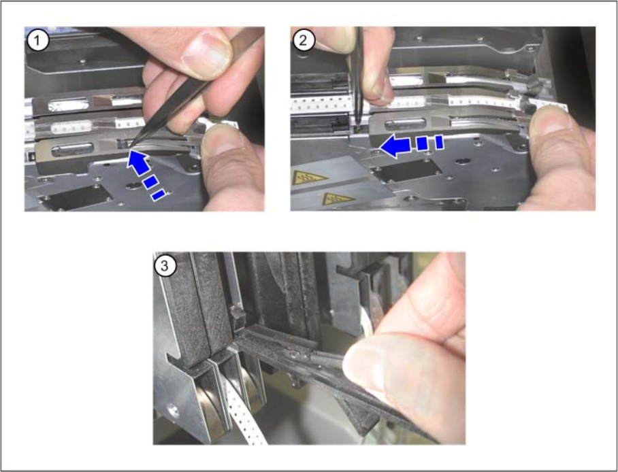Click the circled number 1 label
coord(38,41)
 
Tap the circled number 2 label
coord(304,40)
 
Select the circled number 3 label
coord(165,265)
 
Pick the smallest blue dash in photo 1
coord(159,195)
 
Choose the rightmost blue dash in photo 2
coord(440,142)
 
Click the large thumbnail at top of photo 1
coord(206,53)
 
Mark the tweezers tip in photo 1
coord(131,146)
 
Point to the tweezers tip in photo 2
coord(357,129)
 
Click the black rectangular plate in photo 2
coord(406,170)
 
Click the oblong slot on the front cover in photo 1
coord(73,150)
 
